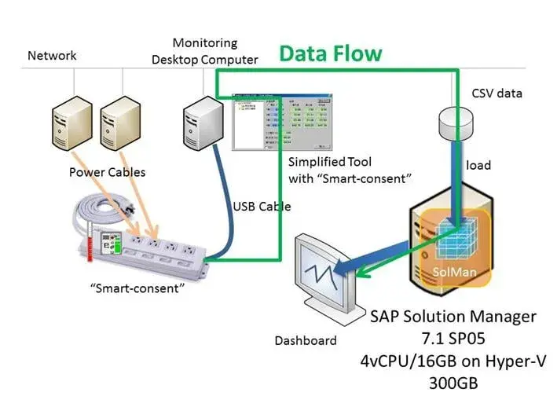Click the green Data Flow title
331,53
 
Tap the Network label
52,56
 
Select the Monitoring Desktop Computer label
215,51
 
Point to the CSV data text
497,93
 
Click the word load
478,165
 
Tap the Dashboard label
306,340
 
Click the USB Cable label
262,207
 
